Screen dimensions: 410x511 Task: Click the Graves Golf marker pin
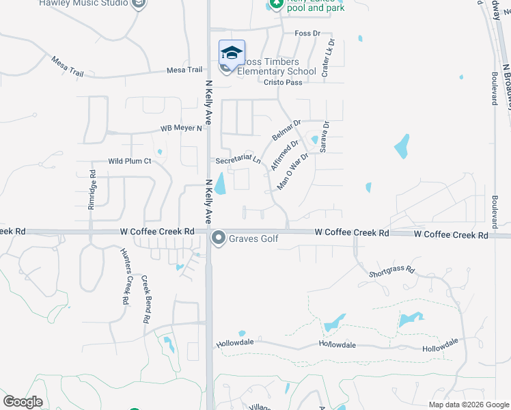(x=219, y=238)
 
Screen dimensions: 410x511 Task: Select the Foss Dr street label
(x=307, y=33)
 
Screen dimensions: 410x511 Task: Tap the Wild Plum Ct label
(x=129, y=161)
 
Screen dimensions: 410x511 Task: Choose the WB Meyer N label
(x=182, y=128)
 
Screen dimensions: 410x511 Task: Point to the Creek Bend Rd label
(x=146, y=299)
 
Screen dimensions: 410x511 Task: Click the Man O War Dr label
(x=294, y=171)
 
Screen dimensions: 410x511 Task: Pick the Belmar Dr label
(x=286, y=130)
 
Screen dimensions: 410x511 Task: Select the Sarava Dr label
(x=325, y=137)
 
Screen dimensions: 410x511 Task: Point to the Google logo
(x=23, y=402)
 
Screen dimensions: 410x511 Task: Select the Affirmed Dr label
(x=284, y=156)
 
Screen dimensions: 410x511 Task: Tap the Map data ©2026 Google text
(x=468, y=405)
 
